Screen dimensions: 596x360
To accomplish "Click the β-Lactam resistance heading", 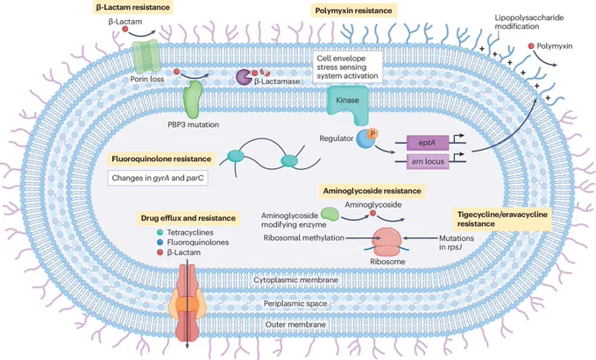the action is (132, 7).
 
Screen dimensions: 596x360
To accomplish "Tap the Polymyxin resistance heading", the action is (353, 11).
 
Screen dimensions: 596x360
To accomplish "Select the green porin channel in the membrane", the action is (145, 56).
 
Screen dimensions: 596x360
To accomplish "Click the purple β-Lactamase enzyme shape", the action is (244, 77).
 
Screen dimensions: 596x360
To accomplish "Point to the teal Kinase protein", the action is (348, 103).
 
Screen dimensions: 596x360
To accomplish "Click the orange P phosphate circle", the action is (372, 134).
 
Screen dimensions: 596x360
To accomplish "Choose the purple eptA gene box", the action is (428, 143).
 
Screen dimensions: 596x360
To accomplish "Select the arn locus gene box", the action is (428, 161).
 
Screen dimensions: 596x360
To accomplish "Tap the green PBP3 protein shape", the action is (193, 100).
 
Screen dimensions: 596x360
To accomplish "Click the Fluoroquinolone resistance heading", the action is (161, 159).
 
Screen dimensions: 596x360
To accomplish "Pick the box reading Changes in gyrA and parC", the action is (158, 178).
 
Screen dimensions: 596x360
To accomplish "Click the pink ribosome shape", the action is (387, 242).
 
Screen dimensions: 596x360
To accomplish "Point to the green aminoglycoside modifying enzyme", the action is (330, 214).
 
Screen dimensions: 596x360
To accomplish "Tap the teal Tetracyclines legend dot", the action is (160, 232).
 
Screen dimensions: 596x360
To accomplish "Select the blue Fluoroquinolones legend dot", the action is (160, 243).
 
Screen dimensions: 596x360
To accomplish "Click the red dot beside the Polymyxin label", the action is (531, 46).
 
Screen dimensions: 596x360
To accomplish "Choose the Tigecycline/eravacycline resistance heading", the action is (502, 219).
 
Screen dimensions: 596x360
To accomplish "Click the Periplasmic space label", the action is (295, 303).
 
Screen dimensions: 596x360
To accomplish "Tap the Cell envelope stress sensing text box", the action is (347, 67).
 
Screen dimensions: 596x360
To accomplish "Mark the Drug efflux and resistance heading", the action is (188, 218).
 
